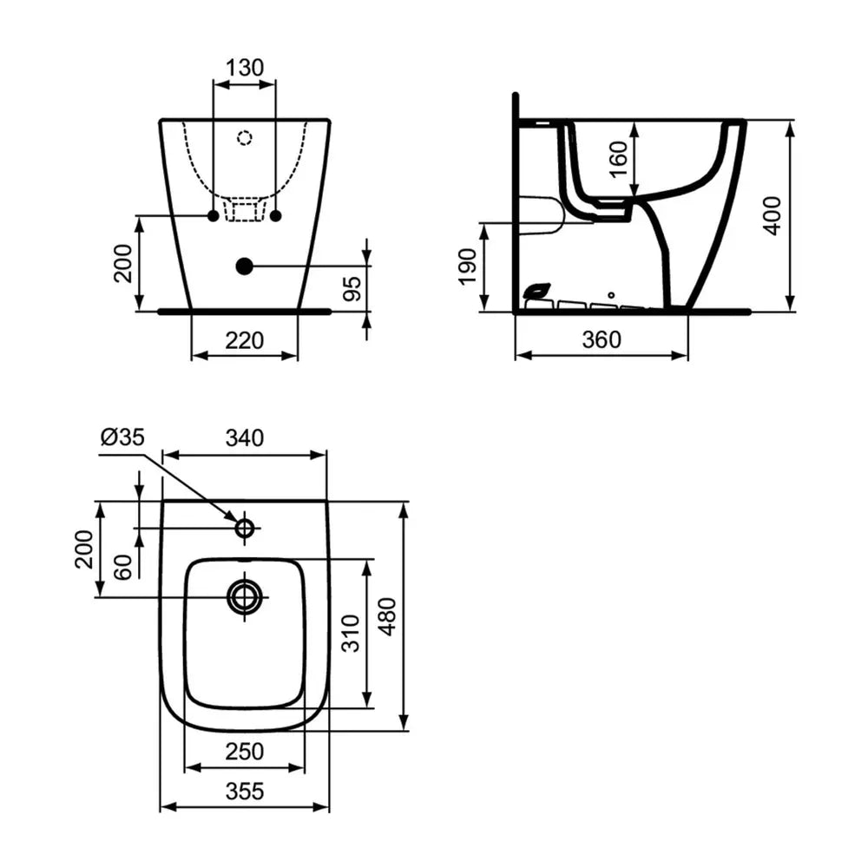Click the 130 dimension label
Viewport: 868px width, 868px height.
pyautogui.click(x=245, y=68)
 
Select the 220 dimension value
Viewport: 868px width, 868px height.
pyautogui.click(x=245, y=340)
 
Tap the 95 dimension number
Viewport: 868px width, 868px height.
pyautogui.click(x=352, y=288)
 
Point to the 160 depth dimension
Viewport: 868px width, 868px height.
pyautogui.click(x=618, y=160)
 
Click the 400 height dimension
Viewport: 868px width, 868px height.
pyautogui.click(x=772, y=216)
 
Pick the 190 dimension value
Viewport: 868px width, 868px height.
pyautogui.click(x=468, y=266)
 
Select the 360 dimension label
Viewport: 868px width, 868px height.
pyautogui.click(x=602, y=339)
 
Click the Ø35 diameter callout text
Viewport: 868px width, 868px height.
pyautogui.click(x=122, y=437)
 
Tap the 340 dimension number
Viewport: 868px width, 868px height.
pyautogui.click(x=245, y=437)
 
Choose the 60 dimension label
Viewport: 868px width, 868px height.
pyautogui.click(x=123, y=567)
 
